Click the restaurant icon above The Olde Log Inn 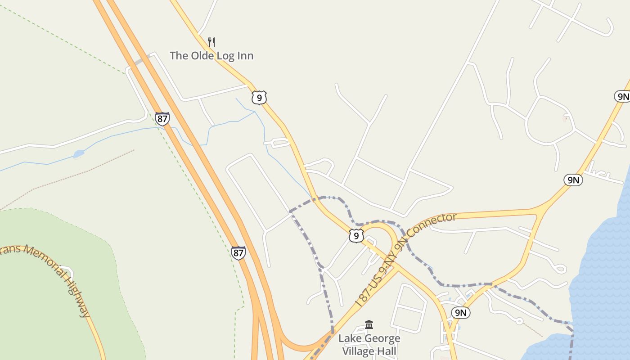pos(211,42)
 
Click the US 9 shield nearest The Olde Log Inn pos(259,97)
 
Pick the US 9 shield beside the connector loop pos(356,236)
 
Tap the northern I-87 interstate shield pos(162,119)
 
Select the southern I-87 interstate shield pos(238,253)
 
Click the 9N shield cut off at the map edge pos(623,96)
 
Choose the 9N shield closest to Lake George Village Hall pos(460,313)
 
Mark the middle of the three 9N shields pos(573,180)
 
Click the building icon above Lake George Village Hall pos(369,324)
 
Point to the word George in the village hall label pos(383,338)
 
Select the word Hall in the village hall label pos(387,351)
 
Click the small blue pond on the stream pos(79,154)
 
